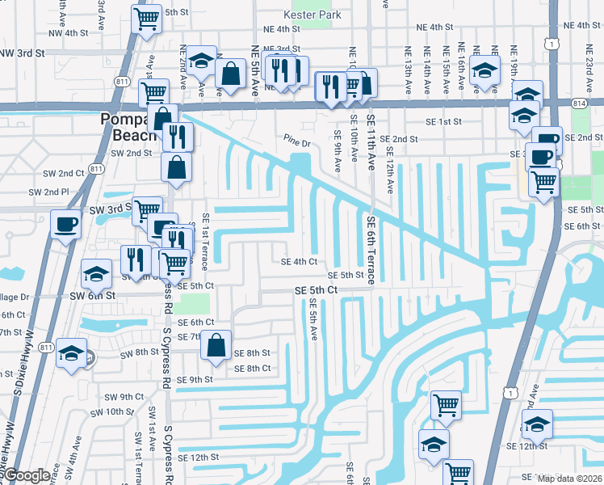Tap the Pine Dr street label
[297, 143]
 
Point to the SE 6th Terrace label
[371, 250]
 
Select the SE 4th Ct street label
[299, 262]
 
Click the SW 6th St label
[97, 296]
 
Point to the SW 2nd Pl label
[49, 192]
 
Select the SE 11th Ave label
[371, 141]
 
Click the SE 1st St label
[443, 121]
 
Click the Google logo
[26, 475]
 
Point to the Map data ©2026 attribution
[569, 479]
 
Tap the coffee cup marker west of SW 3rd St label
[65, 225]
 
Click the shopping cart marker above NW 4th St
[146, 18]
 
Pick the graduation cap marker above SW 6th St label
[97, 273]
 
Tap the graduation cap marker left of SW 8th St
[72, 354]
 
